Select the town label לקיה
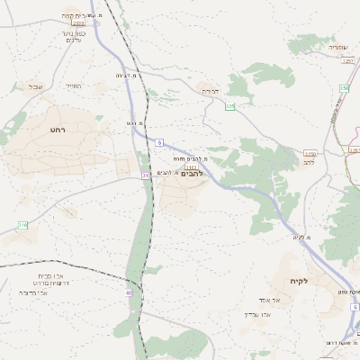pos(299,282)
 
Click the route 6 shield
pos(158,142)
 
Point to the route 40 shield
pos(130,292)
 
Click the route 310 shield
pos(22,224)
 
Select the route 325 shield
pos(229,106)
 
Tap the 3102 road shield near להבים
pos(191,166)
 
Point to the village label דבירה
pos(210,91)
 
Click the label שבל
pos(35,86)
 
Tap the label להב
pos(310,163)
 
